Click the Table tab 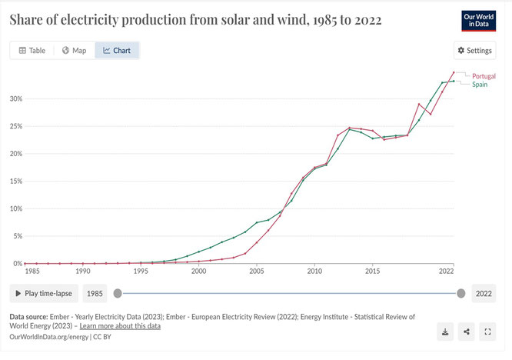coord(32,50)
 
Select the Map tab coord(75,50)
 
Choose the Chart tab coord(117,50)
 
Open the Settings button coord(475,50)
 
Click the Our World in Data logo coord(479,21)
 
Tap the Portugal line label coord(484,76)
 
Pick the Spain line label coord(480,85)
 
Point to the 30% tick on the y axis coord(16,98)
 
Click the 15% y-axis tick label coord(16,181)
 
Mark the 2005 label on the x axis coord(257,271)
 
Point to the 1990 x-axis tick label coord(83,271)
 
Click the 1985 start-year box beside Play coord(95,293)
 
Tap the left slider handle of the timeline coord(118,293)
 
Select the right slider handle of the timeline coord(461,293)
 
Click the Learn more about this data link coord(120,326)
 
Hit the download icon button coord(445,332)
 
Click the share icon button coord(467,332)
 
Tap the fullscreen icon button coord(487,332)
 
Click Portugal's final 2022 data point coord(454,72)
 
